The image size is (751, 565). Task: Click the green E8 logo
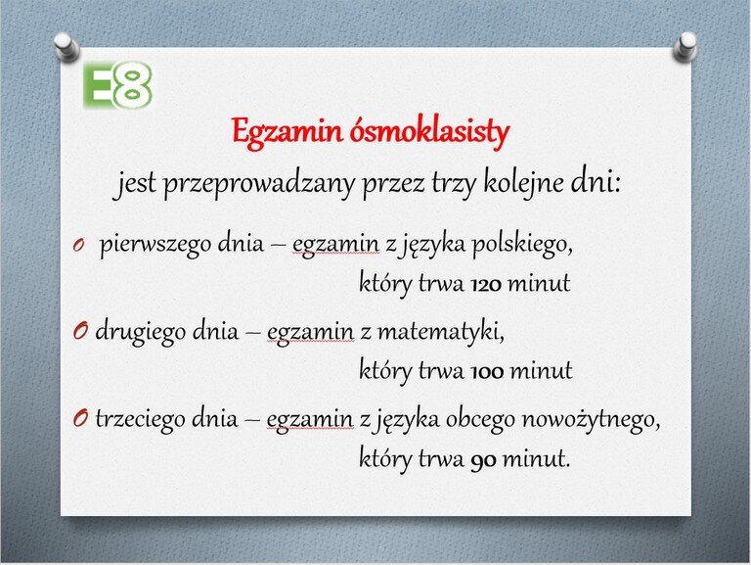(x=117, y=85)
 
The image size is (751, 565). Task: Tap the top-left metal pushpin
(x=66, y=47)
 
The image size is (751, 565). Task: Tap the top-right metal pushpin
(x=685, y=47)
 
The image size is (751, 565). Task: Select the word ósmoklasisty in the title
(x=429, y=130)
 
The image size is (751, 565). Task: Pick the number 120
(x=486, y=285)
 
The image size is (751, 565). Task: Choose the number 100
(x=487, y=372)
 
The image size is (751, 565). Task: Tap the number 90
(x=483, y=460)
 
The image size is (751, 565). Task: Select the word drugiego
(x=141, y=332)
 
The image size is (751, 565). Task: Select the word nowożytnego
(x=591, y=420)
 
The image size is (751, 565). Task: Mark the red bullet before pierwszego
(x=78, y=246)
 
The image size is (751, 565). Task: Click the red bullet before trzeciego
(x=80, y=419)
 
